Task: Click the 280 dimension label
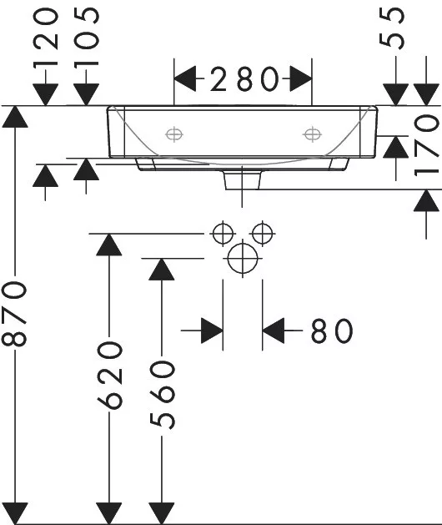244,79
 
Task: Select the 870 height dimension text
14,313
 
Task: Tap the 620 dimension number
109,375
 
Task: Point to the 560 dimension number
163,395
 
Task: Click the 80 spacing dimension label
332,331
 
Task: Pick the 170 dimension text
426,144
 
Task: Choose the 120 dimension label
46,38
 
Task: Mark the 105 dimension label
87,38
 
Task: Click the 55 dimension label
392,28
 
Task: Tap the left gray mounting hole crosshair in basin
174,134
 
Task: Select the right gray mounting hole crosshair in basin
312,134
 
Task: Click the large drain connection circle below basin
243,259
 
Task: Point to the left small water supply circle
223,234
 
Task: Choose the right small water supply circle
263,233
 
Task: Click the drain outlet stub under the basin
243,180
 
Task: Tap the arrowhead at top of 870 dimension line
15,117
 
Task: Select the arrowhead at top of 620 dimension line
109,245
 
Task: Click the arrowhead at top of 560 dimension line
162,270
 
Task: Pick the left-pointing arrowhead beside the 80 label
274,331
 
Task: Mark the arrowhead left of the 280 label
185,78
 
